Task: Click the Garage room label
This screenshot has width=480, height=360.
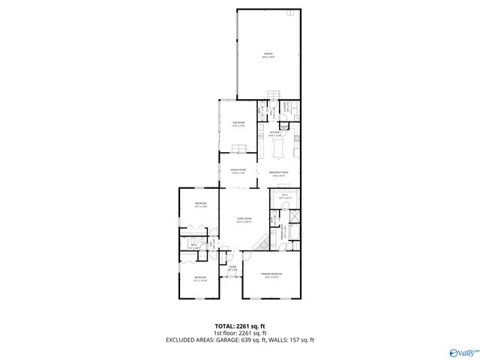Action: [x=268, y=55]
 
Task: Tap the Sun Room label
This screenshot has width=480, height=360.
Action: [x=238, y=124]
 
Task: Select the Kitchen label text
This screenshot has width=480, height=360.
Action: [x=274, y=134]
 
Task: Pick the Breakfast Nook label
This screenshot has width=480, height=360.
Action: [x=280, y=174]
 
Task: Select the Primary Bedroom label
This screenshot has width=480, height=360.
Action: [x=271, y=277]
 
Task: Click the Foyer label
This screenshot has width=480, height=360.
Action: [x=232, y=268]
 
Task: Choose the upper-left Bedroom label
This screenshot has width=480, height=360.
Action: [x=201, y=205]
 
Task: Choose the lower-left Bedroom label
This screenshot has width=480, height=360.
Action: [x=199, y=280]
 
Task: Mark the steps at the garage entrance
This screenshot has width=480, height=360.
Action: [x=274, y=95]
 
